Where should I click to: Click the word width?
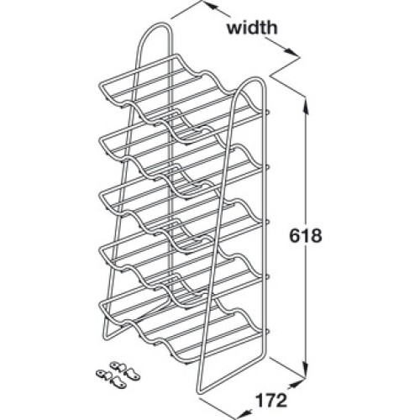(x=252, y=28)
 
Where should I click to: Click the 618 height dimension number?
(x=306, y=236)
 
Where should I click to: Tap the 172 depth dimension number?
(x=271, y=401)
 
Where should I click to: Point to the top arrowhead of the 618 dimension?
(x=307, y=108)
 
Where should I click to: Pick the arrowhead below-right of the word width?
(x=291, y=52)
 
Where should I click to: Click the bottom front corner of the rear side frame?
(x=106, y=337)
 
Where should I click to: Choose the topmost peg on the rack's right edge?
(x=267, y=112)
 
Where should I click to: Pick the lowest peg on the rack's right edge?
(x=267, y=331)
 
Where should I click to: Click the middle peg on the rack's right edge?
(x=267, y=221)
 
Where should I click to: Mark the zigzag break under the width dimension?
(x=285, y=68)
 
